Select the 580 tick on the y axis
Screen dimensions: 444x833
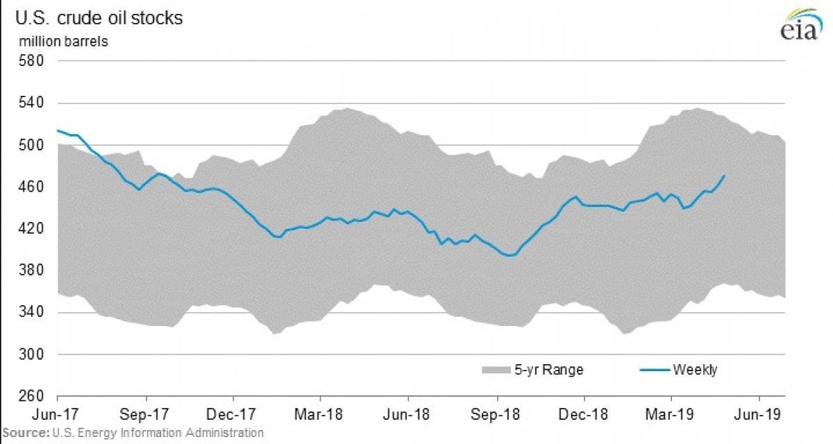(x=33, y=61)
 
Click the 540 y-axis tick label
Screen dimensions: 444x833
(x=33, y=103)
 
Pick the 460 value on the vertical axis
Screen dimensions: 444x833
(x=33, y=187)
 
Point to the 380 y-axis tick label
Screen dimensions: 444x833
(x=33, y=271)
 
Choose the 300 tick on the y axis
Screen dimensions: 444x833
(x=33, y=355)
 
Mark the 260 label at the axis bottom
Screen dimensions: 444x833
(x=33, y=397)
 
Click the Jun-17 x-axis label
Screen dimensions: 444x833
(x=57, y=415)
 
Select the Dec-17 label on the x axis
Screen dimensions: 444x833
(x=233, y=415)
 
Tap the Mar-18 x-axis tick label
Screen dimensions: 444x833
(x=320, y=415)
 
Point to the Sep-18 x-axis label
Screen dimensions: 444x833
(x=496, y=415)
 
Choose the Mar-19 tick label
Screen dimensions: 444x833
(x=671, y=415)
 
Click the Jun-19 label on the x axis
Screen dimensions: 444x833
(x=759, y=415)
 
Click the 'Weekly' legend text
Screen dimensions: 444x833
(x=694, y=370)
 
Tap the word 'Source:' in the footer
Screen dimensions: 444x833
(x=24, y=433)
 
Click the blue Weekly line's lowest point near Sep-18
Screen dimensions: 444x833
(x=510, y=255)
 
